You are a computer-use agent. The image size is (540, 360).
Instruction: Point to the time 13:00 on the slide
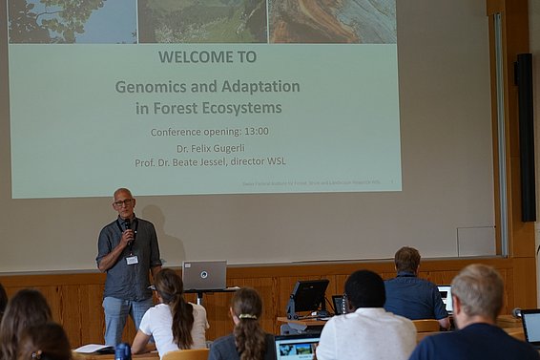point(255,132)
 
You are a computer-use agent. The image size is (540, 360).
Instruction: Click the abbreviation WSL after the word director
point(272,161)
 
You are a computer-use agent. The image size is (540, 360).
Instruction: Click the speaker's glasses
point(123,201)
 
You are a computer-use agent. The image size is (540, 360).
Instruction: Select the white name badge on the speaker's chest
point(132,259)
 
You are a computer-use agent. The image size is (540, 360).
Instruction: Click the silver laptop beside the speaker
point(204,275)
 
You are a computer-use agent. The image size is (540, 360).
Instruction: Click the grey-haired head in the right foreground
point(478,292)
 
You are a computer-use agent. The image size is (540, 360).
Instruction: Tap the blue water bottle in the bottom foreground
point(122,351)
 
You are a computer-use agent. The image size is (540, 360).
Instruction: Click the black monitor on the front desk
point(309,296)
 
